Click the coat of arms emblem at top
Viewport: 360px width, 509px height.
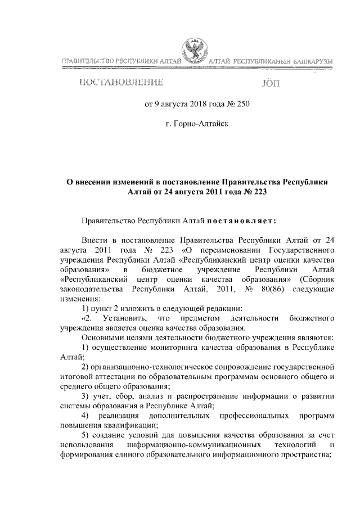click(194, 50)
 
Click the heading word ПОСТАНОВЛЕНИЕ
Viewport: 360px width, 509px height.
click(121, 84)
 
